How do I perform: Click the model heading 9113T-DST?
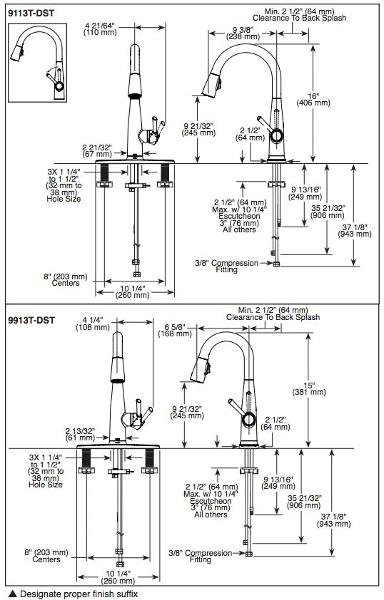(x=31, y=14)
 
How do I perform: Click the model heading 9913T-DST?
(x=31, y=320)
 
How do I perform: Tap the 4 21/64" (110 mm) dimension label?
(x=100, y=29)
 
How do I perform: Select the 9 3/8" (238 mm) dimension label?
(x=243, y=33)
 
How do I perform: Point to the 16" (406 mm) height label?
(x=313, y=99)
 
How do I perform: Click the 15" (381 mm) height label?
(x=309, y=388)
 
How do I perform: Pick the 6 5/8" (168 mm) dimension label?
(x=175, y=330)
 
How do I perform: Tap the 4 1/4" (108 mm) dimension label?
(x=93, y=324)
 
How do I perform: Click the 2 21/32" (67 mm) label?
(x=97, y=150)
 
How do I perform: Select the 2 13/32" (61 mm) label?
(x=80, y=434)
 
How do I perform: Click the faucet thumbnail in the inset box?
(x=38, y=63)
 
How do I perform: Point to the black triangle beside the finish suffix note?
(x=13, y=594)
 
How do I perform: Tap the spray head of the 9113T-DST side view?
(x=211, y=85)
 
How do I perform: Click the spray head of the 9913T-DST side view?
(x=200, y=371)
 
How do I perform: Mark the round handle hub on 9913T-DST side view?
(x=248, y=420)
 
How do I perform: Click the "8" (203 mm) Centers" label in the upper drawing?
(x=66, y=280)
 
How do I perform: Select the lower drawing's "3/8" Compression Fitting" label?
(x=201, y=556)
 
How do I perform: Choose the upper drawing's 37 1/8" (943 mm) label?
(x=355, y=230)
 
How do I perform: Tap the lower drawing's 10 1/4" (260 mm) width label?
(x=118, y=577)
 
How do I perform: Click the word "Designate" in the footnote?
(x=40, y=594)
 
